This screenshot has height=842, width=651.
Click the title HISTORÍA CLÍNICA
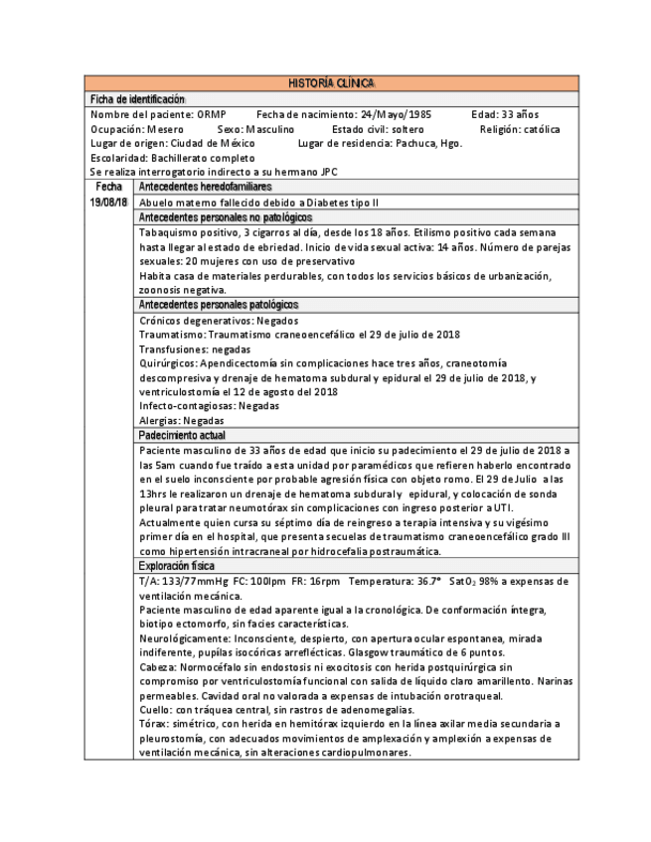point(331,83)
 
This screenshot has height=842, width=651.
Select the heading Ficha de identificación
point(137,99)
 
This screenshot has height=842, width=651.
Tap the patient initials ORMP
point(212,114)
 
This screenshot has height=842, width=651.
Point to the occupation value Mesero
point(165,129)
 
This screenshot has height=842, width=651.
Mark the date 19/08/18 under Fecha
point(108,203)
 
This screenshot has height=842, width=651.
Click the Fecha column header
point(108,187)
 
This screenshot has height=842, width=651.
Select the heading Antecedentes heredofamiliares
point(206,187)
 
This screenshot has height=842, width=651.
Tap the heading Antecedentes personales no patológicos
point(226,217)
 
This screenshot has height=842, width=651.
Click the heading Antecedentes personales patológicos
point(219,305)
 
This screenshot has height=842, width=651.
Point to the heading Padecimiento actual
point(182,436)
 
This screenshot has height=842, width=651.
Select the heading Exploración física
point(175,566)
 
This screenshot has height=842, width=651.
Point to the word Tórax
point(152,725)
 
